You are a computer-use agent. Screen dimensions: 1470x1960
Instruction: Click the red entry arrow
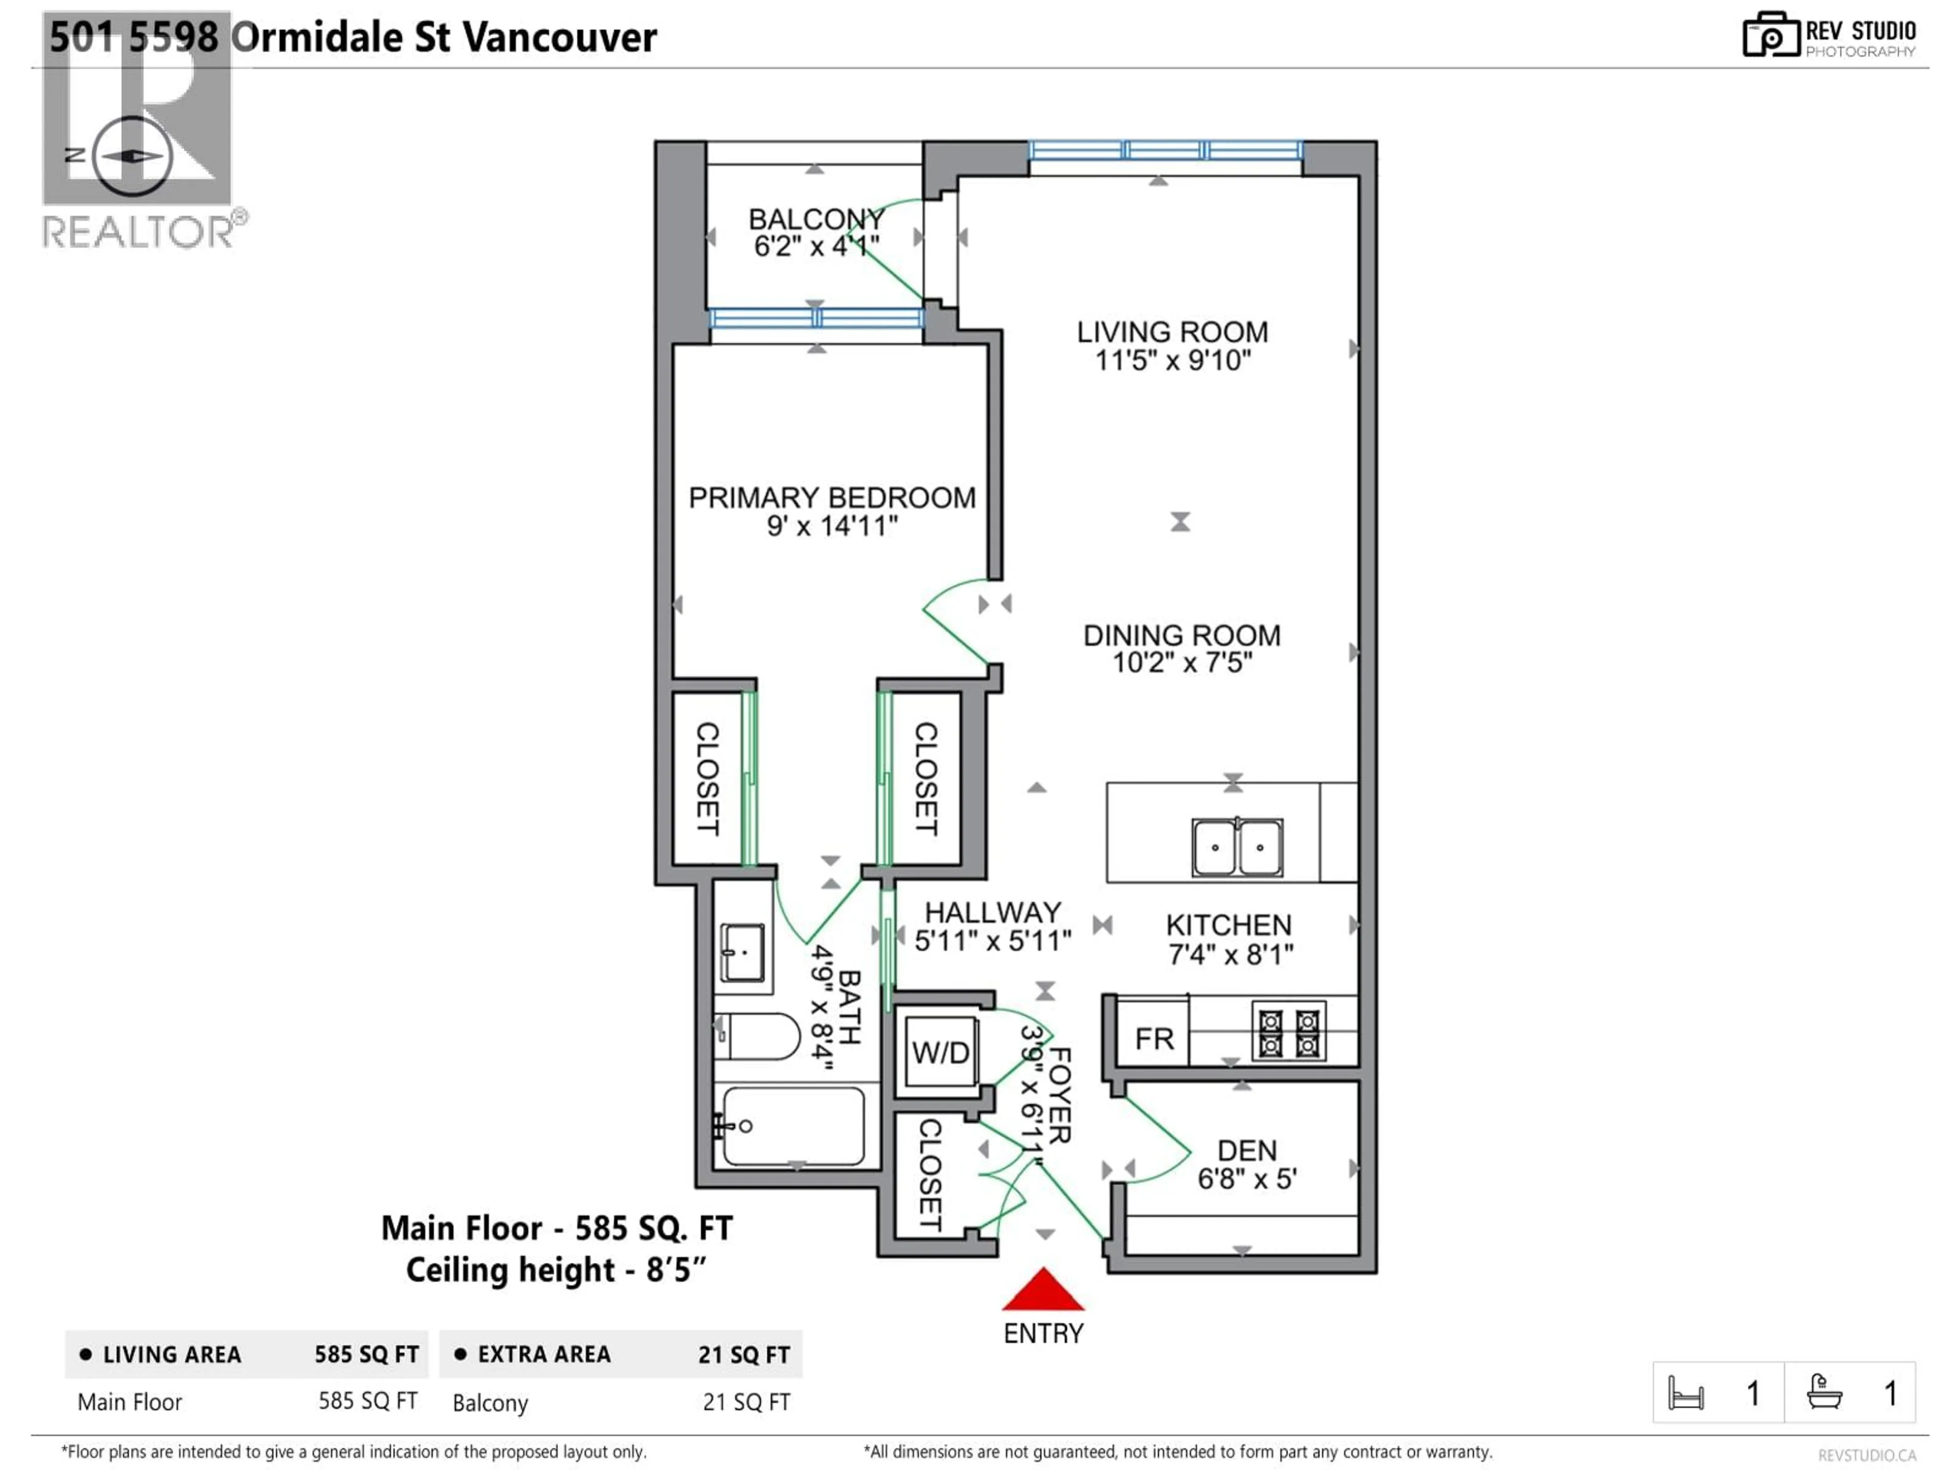pos(1043,1290)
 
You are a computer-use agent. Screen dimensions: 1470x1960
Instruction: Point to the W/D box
pos(940,1052)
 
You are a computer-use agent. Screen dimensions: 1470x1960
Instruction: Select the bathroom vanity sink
pos(743,952)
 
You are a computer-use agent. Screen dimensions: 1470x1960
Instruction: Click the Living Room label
pos(1172,332)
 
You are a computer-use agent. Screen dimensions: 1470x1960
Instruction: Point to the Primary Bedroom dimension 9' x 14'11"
pos(832,526)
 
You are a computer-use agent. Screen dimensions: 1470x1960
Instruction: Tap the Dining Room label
pos(1182,635)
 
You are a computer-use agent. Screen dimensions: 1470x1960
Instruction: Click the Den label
pos(1247,1150)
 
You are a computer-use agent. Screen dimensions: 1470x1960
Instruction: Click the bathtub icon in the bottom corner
pos(1824,1392)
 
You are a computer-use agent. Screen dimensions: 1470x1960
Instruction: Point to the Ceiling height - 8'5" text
pos(555,1270)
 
